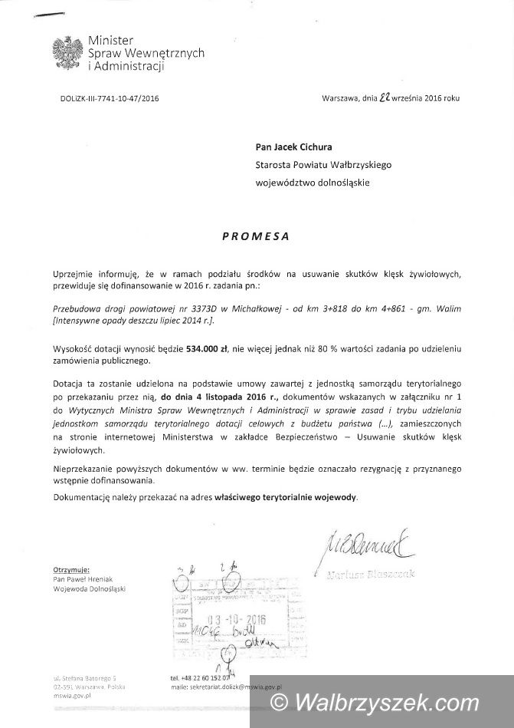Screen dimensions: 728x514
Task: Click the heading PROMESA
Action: (255, 236)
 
